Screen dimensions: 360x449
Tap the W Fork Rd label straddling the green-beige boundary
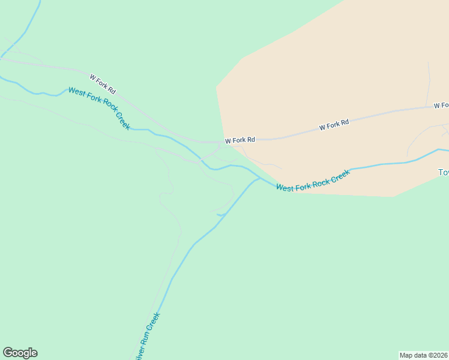pos(240,140)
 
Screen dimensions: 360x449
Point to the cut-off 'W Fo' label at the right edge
pos(441,106)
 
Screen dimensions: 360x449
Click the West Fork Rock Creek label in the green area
pos(99,109)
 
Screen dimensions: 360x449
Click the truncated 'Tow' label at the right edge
pos(444,172)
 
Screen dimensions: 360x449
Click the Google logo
pos(20,353)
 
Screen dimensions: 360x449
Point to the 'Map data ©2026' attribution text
pos(424,355)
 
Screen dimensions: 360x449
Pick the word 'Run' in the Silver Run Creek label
pos(148,335)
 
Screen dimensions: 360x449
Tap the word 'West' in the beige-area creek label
pos(284,187)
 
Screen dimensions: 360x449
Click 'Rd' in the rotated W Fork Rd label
pos(111,90)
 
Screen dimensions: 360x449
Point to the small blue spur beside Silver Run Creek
pos(221,214)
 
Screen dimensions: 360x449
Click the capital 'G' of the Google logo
pos(8,353)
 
